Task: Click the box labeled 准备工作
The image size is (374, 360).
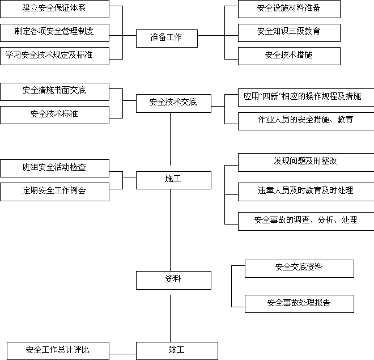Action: click(x=167, y=39)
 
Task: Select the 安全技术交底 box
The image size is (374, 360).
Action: click(x=173, y=103)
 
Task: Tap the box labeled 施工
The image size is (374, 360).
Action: click(x=173, y=180)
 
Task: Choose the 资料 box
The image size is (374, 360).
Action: click(x=173, y=280)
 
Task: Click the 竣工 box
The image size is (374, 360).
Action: click(x=177, y=351)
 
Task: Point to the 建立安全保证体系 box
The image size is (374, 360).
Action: click(x=54, y=9)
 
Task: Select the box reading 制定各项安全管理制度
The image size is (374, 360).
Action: click(x=54, y=33)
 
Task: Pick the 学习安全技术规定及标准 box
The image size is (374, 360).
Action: click(x=54, y=56)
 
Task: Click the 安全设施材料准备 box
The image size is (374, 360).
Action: click(x=289, y=9)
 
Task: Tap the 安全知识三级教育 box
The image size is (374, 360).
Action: click(x=289, y=33)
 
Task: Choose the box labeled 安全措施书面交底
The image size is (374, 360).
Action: click(x=54, y=92)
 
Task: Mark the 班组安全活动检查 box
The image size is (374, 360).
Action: click(x=54, y=168)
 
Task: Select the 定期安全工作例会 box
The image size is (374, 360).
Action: click(x=54, y=192)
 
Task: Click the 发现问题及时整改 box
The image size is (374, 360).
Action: click(x=306, y=162)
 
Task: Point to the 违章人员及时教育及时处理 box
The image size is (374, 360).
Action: click(x=306, y=192)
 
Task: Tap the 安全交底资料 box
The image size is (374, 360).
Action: click(x=299, y=269)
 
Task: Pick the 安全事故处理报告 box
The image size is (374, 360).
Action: click(x=299, y=304)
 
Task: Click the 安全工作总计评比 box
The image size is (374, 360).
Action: click(x=58, y=351)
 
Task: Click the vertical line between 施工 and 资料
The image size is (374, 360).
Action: click(x=170, y=230)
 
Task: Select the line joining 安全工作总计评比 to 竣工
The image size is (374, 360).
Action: click(x=122, y=354)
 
